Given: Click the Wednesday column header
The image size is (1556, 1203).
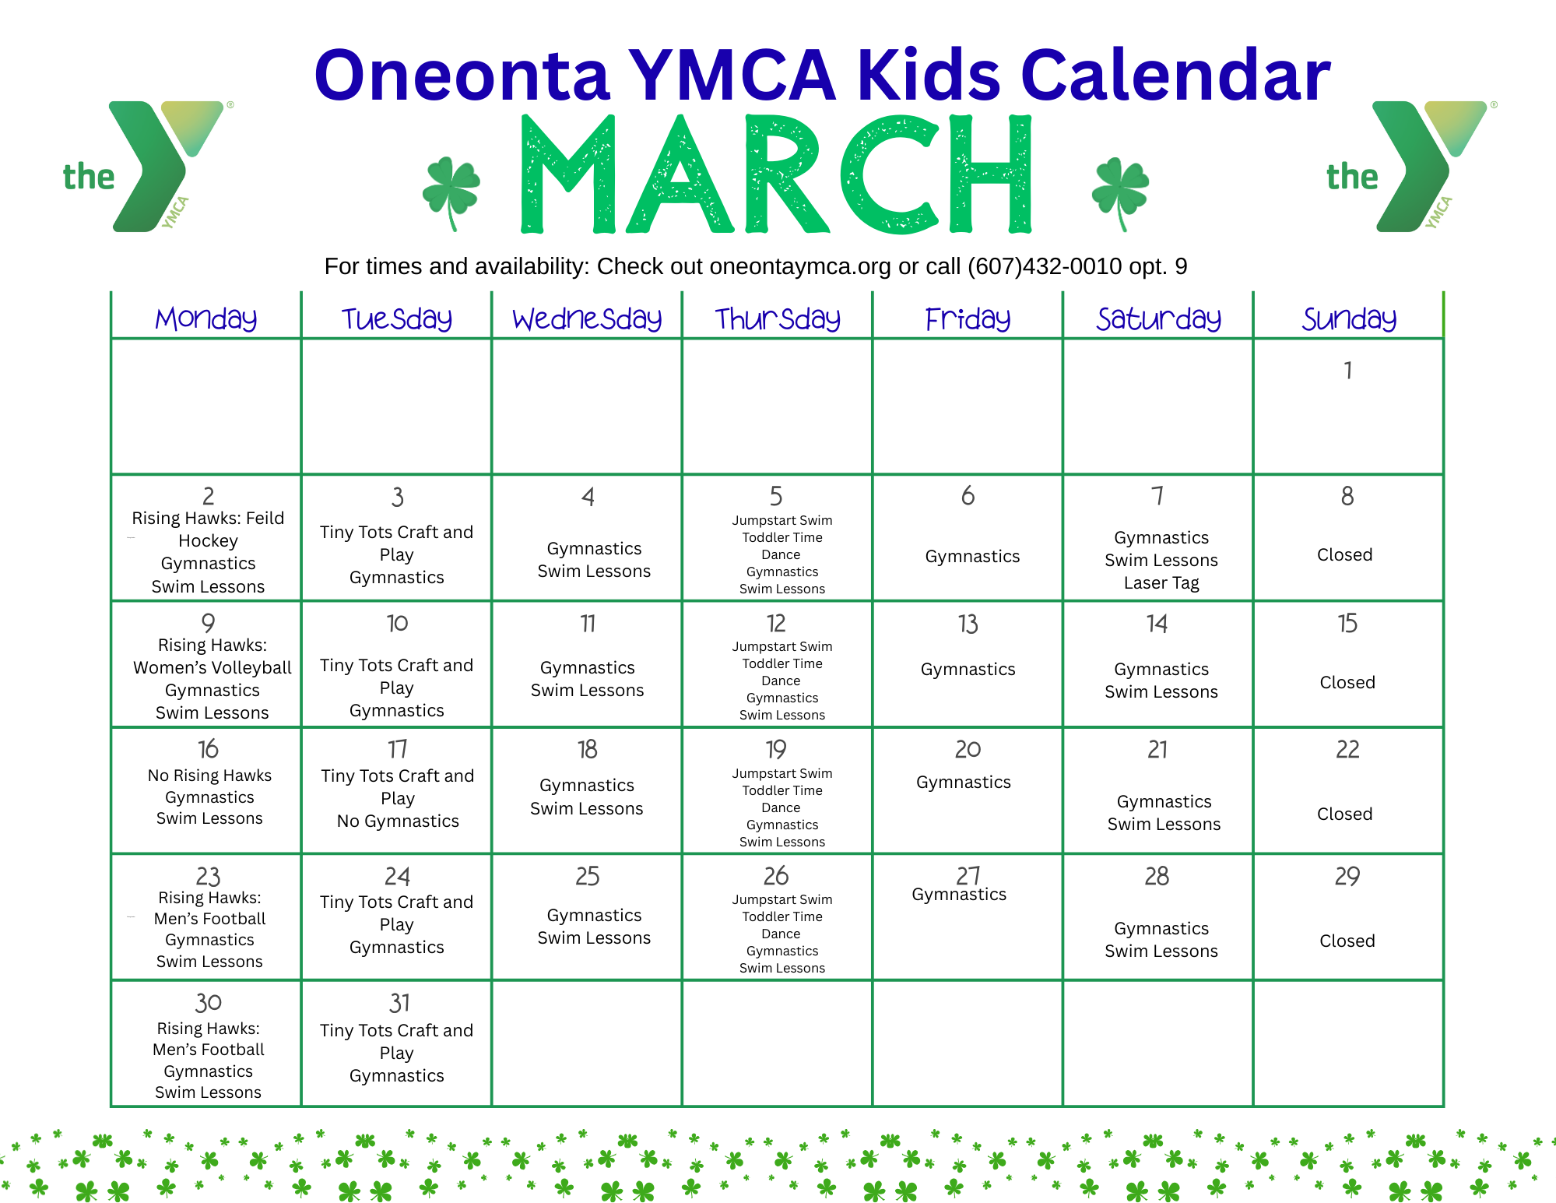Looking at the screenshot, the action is point(587,318).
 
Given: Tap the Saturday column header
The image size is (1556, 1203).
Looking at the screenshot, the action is point(1158,318).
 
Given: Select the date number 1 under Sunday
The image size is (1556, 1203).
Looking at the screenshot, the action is point(1347,370).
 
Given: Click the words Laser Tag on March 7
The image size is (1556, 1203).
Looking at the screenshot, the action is point(1161,582).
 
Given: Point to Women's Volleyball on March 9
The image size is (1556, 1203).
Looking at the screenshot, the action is point(213,667).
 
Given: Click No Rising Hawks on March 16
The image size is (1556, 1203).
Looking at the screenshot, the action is point(209,776).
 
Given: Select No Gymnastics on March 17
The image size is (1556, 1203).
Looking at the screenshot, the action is point(398,821).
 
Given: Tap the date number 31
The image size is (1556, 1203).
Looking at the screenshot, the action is point(399,1003).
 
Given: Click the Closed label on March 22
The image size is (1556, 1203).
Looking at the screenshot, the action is point(1344,814).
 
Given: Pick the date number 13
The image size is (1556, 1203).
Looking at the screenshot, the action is point(968,624).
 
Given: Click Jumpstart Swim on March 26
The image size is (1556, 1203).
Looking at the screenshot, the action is point(782,899).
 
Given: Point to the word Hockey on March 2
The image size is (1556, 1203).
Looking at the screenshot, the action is point(208,541).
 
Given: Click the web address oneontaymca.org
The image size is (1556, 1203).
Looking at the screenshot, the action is point(800,266).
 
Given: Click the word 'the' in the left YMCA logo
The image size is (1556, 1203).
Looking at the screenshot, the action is point(89,177).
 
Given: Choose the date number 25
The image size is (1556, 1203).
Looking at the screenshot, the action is point(587,876).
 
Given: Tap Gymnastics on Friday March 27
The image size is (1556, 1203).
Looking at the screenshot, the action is point(959,895).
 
